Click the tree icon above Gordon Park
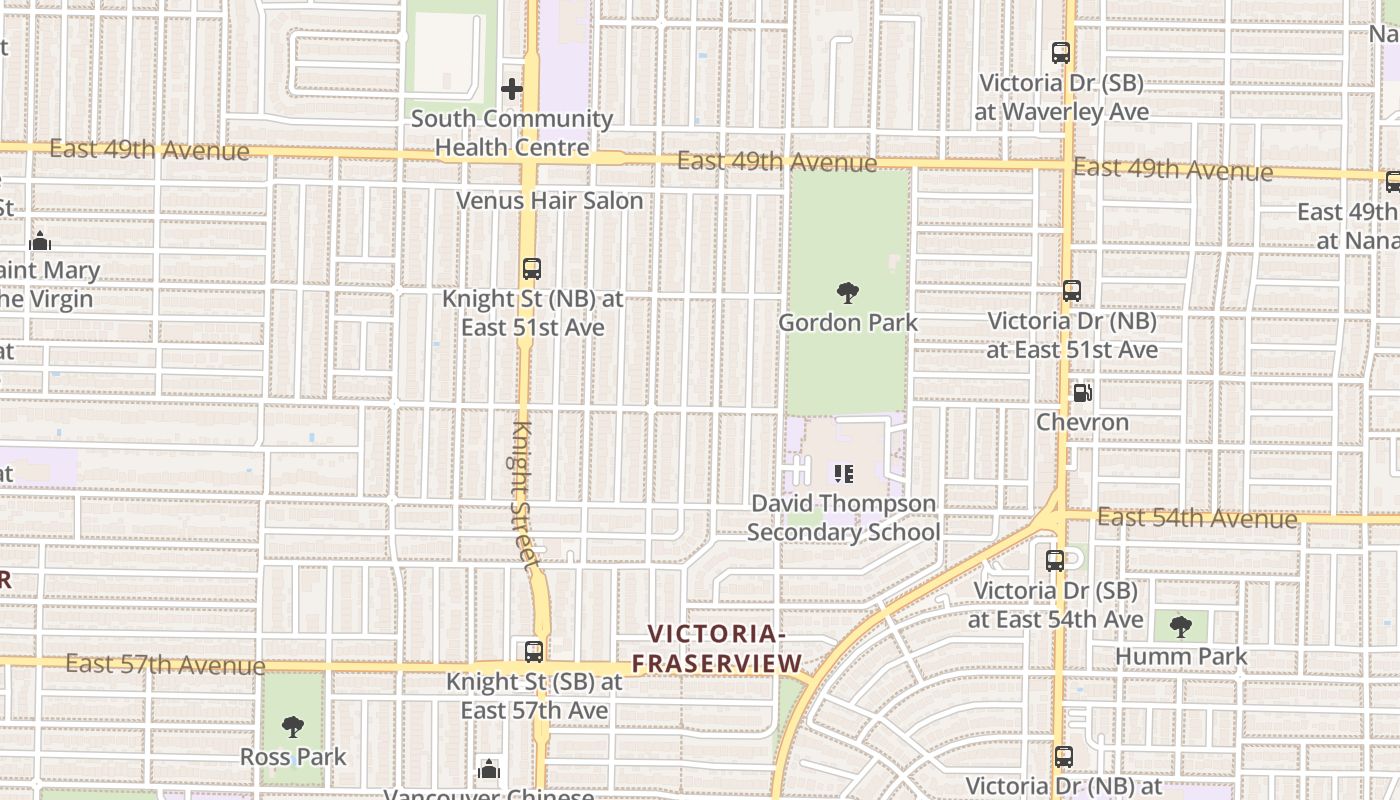click(x=848, y=293)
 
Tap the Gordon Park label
click(x=848, y=323)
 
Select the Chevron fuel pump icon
click(x=1082, y=393)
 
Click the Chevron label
click(x=1082, y=422)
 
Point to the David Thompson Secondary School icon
click(x=844, y=473)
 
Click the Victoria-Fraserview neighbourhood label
click(x=716, y=649)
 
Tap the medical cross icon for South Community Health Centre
click(x=512, y=89)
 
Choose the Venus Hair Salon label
click(x=550, y=201)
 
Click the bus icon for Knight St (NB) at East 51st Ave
click(x=532, y=269)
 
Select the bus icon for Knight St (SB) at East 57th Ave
click(x=534, y=652)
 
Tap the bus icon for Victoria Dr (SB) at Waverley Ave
click(x=1061, y=54)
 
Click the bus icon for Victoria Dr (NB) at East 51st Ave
click(x=1072, y=291)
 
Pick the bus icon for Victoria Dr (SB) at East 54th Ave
click(x=1055, y=561)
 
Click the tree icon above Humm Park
click(x=1181, y=627)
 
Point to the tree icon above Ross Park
click(x=292, y=727)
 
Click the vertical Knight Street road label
click(x=526, y=495)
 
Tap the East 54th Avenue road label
click(x=1197, y=518)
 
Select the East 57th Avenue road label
click(x=166, y=664)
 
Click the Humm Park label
click(x=1181, y=657)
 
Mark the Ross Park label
click(x=293, y=757)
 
